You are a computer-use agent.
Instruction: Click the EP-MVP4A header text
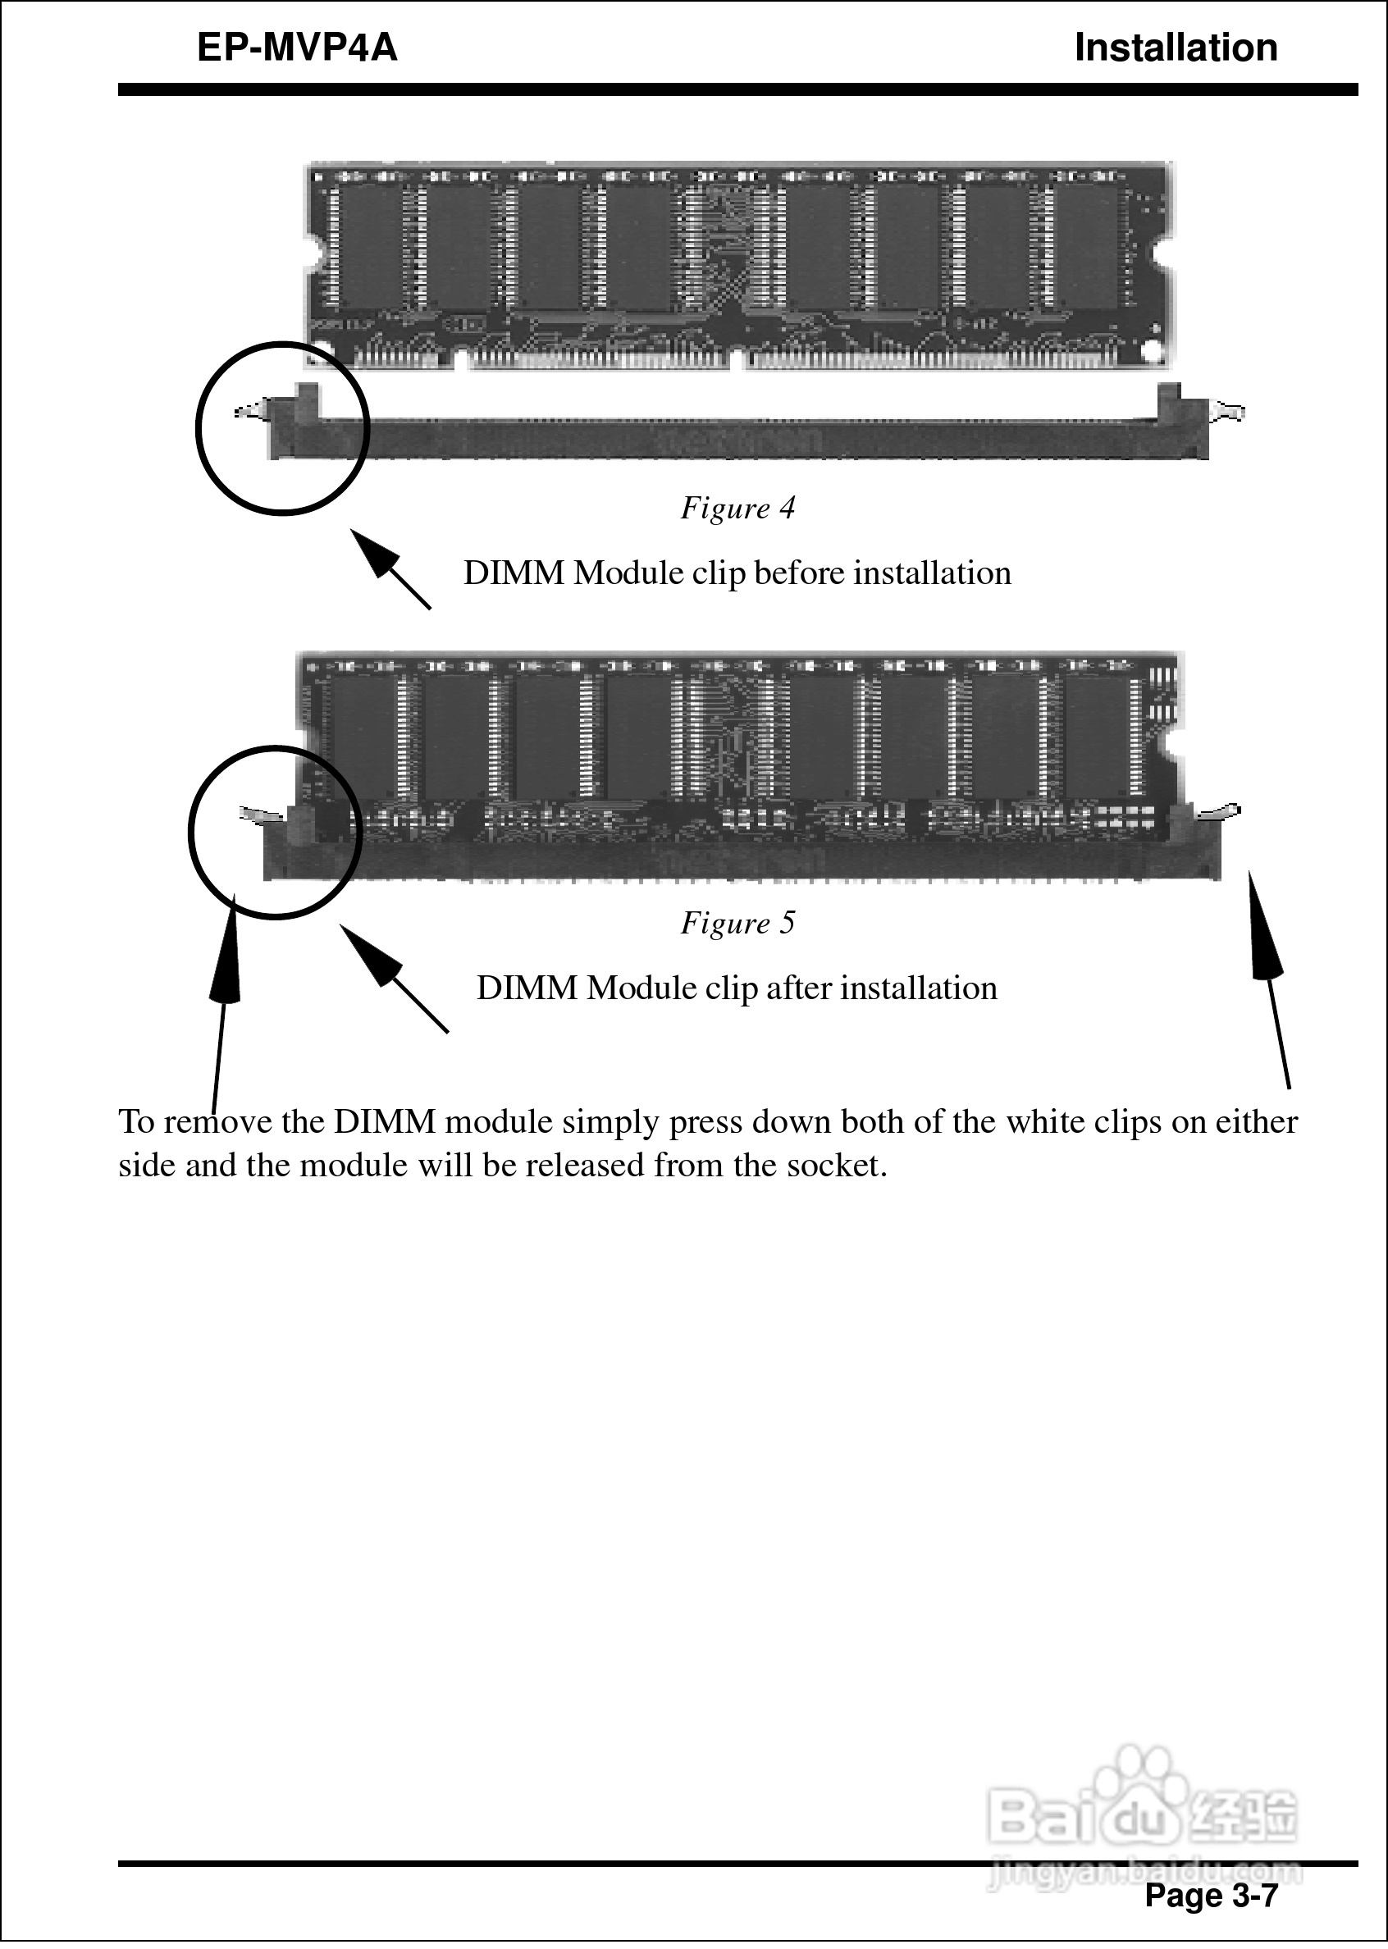(x=298, y=48)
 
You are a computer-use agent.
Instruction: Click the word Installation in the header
(x=1176, y=48)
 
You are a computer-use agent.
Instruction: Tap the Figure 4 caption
(x=737, y=509)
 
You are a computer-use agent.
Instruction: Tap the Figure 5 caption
(x=737, y=923)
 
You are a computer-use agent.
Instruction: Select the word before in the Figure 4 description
(x=801, y=573)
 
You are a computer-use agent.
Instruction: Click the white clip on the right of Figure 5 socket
(x=1220, y=811)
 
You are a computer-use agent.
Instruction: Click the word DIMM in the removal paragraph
(x=386, y=1123)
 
